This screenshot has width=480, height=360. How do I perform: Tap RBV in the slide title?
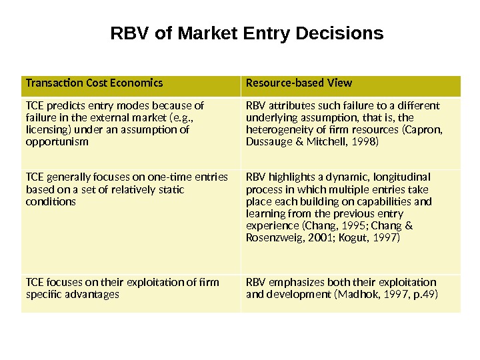click(128, 33)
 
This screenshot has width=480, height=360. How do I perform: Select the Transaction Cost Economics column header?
click(94, 83)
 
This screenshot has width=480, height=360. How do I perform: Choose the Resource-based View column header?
click(299, 83)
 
